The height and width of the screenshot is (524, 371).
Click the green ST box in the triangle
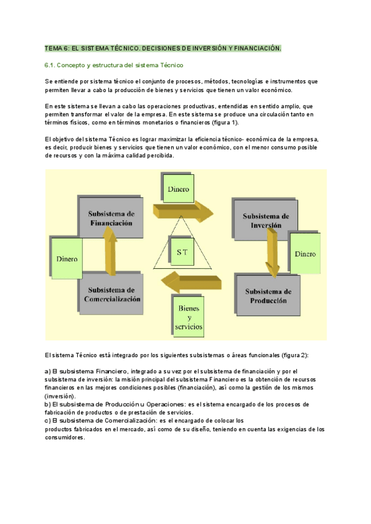coord(182,251)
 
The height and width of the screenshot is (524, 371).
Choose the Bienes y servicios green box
coord(189,316)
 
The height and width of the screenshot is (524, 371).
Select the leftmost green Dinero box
coord(67,259)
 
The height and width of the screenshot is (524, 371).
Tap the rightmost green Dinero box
coord(304,253)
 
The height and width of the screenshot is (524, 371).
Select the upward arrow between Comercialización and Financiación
coord(110,250)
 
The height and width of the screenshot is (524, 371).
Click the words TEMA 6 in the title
coord(57,48)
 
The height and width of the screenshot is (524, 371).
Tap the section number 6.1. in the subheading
coord(51,65)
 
